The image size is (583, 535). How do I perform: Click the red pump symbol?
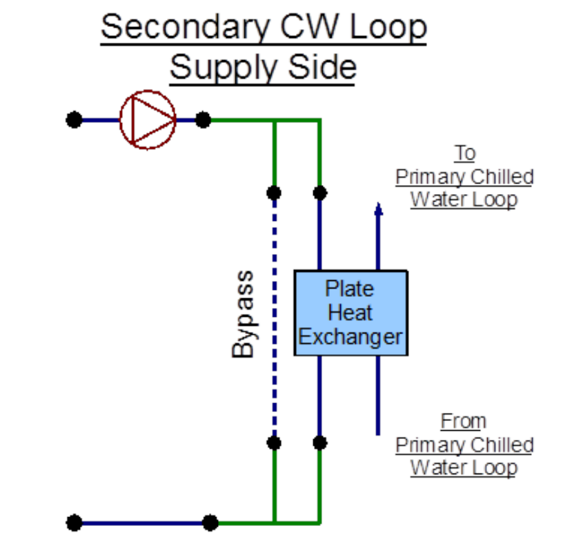point(148,119)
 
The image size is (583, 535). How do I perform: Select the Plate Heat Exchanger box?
point(351,313)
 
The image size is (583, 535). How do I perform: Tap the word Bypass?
point(243,314)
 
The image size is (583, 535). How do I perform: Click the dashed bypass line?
point(275,318)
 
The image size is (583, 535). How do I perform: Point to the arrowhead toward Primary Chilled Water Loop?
point(378,209)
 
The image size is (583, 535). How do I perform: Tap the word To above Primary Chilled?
point(465,153)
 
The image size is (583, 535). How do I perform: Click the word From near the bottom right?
point(463,421)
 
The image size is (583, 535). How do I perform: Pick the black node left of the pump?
point(74,119)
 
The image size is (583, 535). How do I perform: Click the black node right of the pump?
point(203,119)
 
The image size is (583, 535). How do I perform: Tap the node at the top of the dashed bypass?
point(274,193)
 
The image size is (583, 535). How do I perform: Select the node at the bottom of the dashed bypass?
point(274,442)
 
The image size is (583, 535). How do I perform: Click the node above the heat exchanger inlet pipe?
point(320,193)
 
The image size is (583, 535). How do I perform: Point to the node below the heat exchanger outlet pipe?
point(320,442)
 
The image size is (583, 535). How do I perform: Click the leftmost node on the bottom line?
point(75,523)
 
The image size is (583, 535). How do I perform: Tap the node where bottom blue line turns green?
point(210,523)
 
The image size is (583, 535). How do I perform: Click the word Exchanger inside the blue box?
point(350,337)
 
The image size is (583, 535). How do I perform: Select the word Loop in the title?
point(388,28)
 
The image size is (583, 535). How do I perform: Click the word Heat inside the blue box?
point(350,313)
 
